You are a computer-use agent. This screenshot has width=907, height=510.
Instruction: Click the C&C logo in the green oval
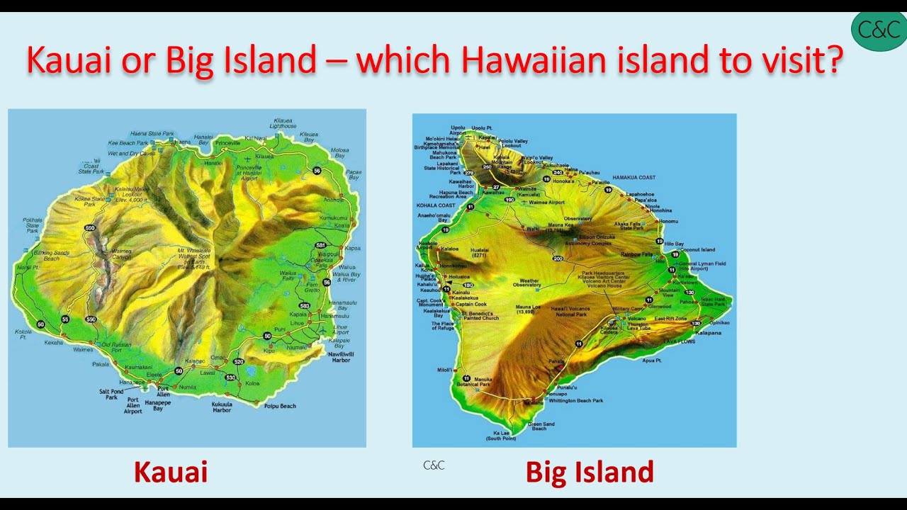[x=879, y=30]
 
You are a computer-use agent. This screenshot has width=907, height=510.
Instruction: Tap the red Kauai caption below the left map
[x=170, y=472]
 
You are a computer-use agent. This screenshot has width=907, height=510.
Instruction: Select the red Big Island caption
[x=590, y=472]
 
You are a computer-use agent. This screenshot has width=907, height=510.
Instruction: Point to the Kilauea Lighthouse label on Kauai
[x=282, y=123]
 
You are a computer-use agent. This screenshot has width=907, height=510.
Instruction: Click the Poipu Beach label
[x=281, y=406]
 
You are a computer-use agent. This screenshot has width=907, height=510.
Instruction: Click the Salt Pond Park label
[x=111, y=394]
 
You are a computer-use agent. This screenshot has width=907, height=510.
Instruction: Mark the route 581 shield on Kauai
[x=320, y=245]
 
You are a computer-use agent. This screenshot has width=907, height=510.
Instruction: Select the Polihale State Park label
[x=33, y=225]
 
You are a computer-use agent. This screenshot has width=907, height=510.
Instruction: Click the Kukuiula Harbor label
[x=222, y=407]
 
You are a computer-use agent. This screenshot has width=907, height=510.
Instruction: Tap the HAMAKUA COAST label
[x=634, y=177]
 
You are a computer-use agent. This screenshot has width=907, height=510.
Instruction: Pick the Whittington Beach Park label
[x=575, y=400]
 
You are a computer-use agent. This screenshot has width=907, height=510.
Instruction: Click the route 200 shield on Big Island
[x=558, y=259]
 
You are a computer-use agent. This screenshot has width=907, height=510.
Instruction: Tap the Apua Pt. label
[x=652, y=360]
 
